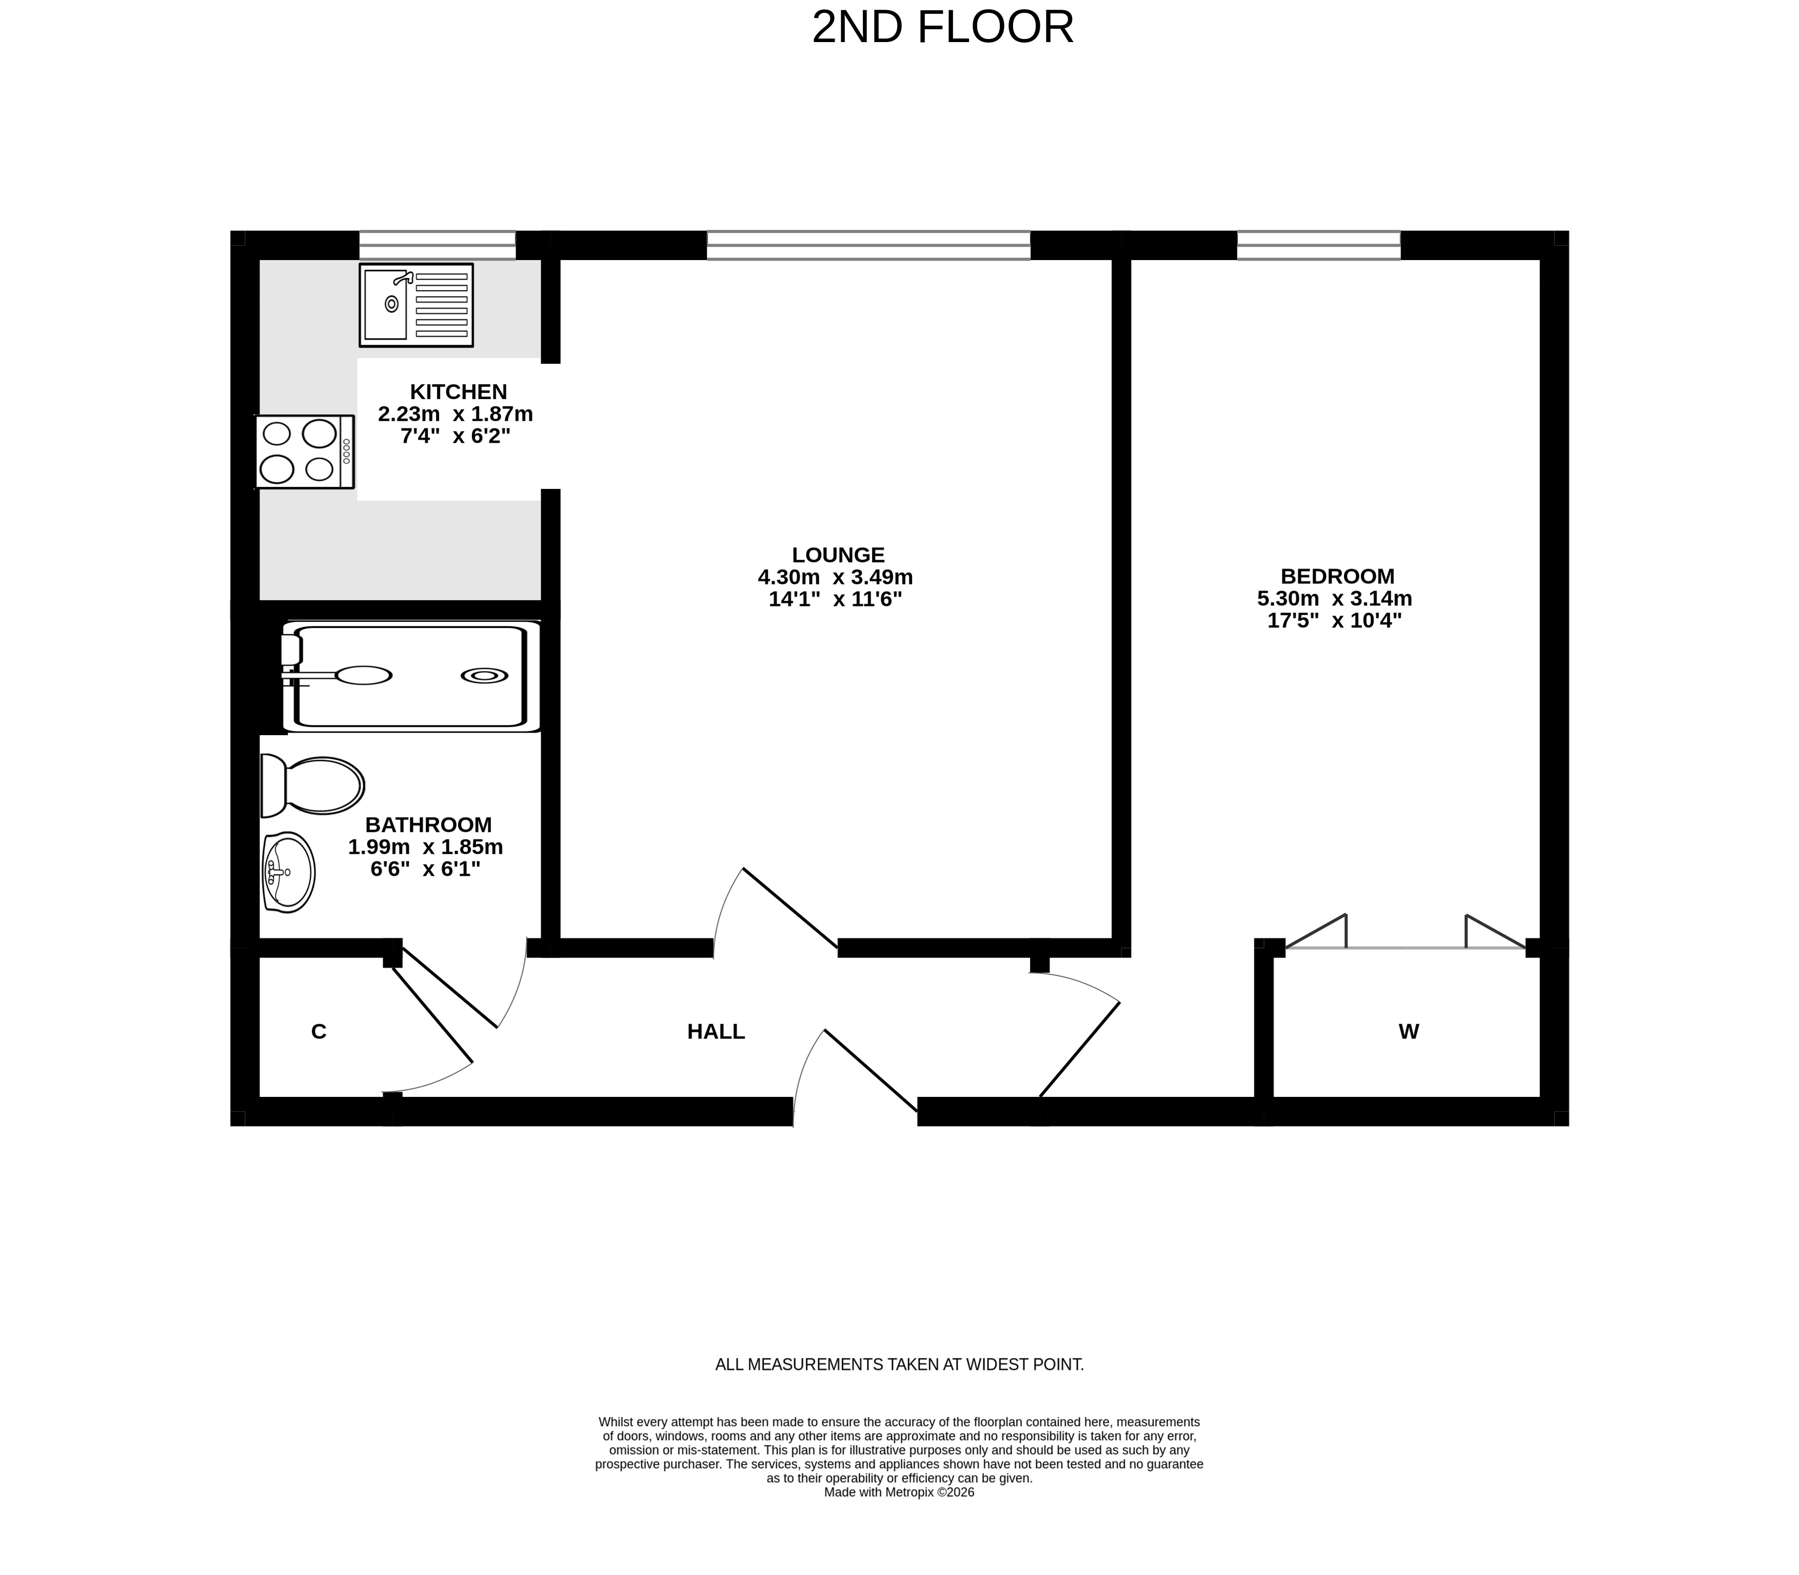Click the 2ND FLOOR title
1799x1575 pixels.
[942, 27]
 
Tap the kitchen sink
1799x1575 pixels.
[416, 304]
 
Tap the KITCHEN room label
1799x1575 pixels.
[459, 392]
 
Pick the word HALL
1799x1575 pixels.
[716, 1032]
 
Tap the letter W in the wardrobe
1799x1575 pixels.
[1409, 1032]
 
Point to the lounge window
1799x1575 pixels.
[868, 245]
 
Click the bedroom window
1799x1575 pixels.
[1318, 245]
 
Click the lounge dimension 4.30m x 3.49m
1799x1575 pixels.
[836, 578]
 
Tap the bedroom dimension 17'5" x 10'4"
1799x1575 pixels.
[1334, 620]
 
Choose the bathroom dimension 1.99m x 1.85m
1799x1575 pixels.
[425, 847]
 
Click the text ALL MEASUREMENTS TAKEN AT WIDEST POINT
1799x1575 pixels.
[899, 1365]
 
